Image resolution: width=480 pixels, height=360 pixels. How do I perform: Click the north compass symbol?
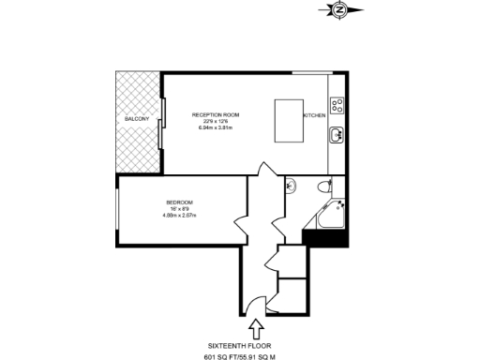338,10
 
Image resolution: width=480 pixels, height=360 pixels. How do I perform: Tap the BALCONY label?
137,120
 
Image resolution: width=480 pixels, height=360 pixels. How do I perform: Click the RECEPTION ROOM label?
216,114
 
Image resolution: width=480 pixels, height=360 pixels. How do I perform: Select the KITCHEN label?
314,114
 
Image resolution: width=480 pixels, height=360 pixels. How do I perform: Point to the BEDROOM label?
179,202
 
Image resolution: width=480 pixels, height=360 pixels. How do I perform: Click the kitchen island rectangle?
288,119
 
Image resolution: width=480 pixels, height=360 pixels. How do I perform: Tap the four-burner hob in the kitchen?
337,105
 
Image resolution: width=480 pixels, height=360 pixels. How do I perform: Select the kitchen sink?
337,135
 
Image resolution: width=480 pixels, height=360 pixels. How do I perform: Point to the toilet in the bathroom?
322,184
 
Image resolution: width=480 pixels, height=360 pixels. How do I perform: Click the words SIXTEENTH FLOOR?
255,343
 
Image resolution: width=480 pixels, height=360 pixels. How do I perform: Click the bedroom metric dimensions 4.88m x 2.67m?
179,216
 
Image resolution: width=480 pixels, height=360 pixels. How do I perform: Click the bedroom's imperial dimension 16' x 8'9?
179,209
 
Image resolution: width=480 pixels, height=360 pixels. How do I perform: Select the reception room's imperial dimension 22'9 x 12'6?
216,121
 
